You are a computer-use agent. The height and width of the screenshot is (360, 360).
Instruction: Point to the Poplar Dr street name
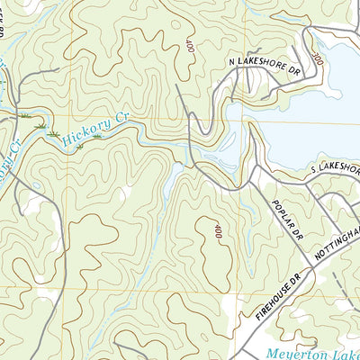tap(283, 220)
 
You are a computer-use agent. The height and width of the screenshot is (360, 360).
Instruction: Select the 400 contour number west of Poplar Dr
tap(217, 231)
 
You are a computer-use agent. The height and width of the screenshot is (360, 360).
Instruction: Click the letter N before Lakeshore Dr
tap(232, 63)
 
